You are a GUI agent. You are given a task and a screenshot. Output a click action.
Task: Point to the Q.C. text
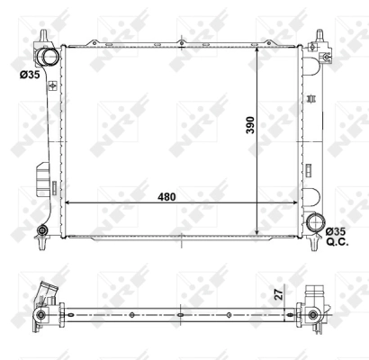click(337, 242)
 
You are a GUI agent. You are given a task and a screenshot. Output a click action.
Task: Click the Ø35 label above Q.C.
click(335, 231)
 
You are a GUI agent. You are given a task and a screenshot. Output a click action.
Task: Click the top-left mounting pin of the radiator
click(43, 35)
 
